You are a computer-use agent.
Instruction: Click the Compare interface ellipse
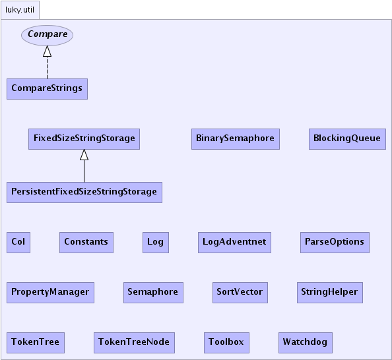point(47,35)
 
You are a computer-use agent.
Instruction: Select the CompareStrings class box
point(47,89)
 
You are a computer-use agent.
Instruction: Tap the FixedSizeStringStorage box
point(84,139)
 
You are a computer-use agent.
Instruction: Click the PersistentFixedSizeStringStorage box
point(84,193)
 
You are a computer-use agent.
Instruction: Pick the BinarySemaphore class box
point(236,139)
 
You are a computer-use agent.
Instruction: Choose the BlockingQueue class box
point(347,139)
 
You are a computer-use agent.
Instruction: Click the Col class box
point(18,243)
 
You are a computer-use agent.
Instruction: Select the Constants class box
point(86,243)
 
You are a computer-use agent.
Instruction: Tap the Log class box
point(156,243)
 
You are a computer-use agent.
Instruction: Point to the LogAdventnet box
point(234,243)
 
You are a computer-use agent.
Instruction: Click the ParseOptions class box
point(335,243)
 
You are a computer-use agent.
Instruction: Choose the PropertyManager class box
point(50,293)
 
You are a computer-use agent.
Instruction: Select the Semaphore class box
point(153,293)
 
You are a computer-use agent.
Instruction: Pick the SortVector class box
point(240,293)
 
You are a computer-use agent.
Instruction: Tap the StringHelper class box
point(330,293)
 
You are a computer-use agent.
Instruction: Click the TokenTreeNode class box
point(134,343)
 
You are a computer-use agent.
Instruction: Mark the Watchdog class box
point(306,343)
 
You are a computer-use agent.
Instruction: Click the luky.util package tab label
point(20,10)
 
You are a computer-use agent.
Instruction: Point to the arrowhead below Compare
point(47,51)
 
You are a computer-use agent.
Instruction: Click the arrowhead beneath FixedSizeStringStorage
point(84,155)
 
